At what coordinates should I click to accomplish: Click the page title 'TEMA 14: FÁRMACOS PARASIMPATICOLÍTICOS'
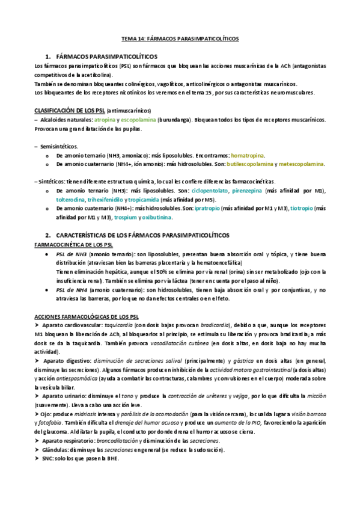click(180, 38)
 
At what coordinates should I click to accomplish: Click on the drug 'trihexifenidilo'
click(108, 199)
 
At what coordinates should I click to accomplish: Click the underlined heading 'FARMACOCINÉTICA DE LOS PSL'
click(74, 245)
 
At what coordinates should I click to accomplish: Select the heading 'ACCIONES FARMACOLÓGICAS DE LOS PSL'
click(87, 316)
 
